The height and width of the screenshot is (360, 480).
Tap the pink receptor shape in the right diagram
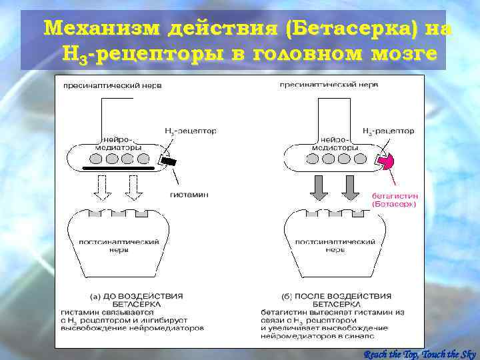[x=385, y=161]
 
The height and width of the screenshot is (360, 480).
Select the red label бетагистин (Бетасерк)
[x=394, y=201]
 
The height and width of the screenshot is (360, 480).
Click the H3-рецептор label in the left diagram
[x=191, y=131]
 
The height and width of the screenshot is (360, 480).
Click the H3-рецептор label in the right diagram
[x=388, y=131]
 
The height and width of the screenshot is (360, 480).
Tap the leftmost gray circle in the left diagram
[x=96, y=159]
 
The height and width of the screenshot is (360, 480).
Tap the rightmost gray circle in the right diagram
[x=360, y=159]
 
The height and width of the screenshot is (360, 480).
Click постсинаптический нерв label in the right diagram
[x=326, y=245]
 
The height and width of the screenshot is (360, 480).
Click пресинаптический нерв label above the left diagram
[x=112, y=85]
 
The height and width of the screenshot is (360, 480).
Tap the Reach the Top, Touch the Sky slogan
[x=421, y=353]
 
